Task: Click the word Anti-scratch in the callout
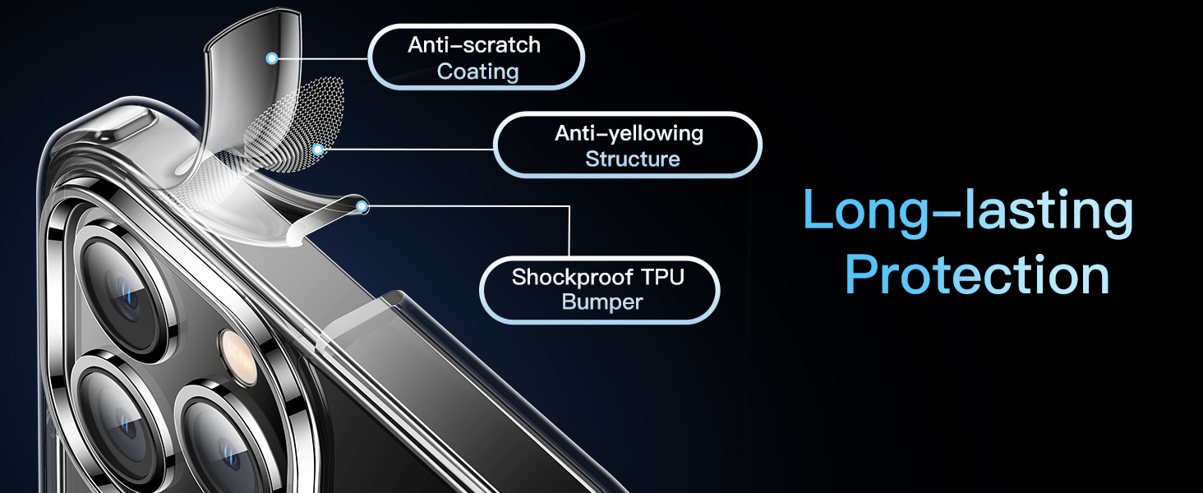click(474, 44)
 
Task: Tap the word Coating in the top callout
click(477, 71)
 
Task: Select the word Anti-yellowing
click(629, 133)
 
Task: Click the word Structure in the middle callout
click(632, 159)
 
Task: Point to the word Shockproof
click(565, 277)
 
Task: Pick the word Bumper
click(601, 302)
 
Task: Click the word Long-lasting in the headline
click(968, 211)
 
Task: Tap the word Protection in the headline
click(977, 275)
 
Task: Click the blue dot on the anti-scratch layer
click(271, 58)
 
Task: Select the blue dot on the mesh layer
click(317, 150)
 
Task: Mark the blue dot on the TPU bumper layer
click(362, 207)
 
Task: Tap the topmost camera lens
click(123, 288)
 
